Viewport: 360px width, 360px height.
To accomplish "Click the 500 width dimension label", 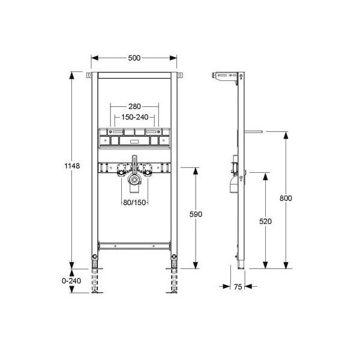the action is (x=134, y=58).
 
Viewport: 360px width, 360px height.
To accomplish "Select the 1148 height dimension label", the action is (x=72, y=166).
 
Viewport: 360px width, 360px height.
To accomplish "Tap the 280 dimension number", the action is (x=134, y=106).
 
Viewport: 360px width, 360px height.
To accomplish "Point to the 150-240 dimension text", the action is (x=135, y=117).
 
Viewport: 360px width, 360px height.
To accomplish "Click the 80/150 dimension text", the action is (x=134, y=202).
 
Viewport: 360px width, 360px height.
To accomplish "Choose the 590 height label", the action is (x=196, y=214).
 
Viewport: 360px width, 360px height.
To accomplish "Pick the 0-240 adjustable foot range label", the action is (x=71, y=281).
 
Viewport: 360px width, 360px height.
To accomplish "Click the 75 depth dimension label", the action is (x=238, y=287).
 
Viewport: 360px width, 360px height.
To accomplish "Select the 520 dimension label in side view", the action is (x=265, y=221).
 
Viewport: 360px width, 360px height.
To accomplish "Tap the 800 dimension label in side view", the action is (x=286, y=198).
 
